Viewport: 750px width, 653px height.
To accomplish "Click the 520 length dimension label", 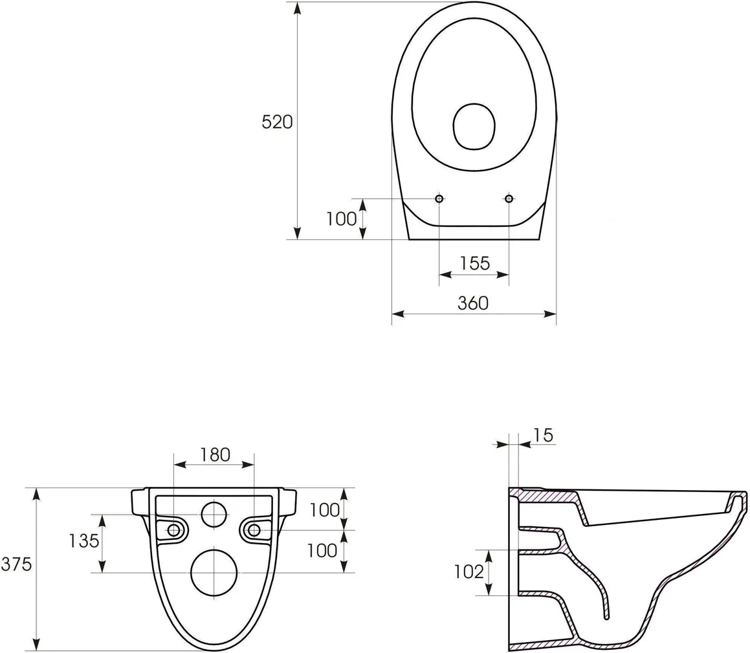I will (277, 122).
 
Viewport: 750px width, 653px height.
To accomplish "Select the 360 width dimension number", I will (473, 303).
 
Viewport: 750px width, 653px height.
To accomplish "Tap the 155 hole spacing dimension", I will (474, 263).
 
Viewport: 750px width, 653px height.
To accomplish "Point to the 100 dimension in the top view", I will (341, 219).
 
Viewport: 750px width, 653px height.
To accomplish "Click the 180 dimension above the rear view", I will (214, 455).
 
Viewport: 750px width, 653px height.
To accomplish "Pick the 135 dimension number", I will (84, 540).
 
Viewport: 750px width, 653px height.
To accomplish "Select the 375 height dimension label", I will (16, 564).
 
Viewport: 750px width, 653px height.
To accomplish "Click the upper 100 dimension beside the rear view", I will (324, 510).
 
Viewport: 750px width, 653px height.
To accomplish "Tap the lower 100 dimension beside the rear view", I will (322, 550).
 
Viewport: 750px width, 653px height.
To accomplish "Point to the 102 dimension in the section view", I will (469, 572).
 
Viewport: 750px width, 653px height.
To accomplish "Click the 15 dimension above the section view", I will (544, 435).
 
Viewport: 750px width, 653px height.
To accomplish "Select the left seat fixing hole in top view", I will (439, 198).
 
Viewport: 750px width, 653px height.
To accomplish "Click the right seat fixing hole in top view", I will (509, 198).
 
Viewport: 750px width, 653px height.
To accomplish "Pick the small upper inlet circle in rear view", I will (214, 514).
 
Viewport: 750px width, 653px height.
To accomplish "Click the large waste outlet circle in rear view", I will (214, 573).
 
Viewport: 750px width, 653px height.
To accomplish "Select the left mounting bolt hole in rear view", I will (174, 530).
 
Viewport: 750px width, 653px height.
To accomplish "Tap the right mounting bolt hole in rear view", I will (254, 530).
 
